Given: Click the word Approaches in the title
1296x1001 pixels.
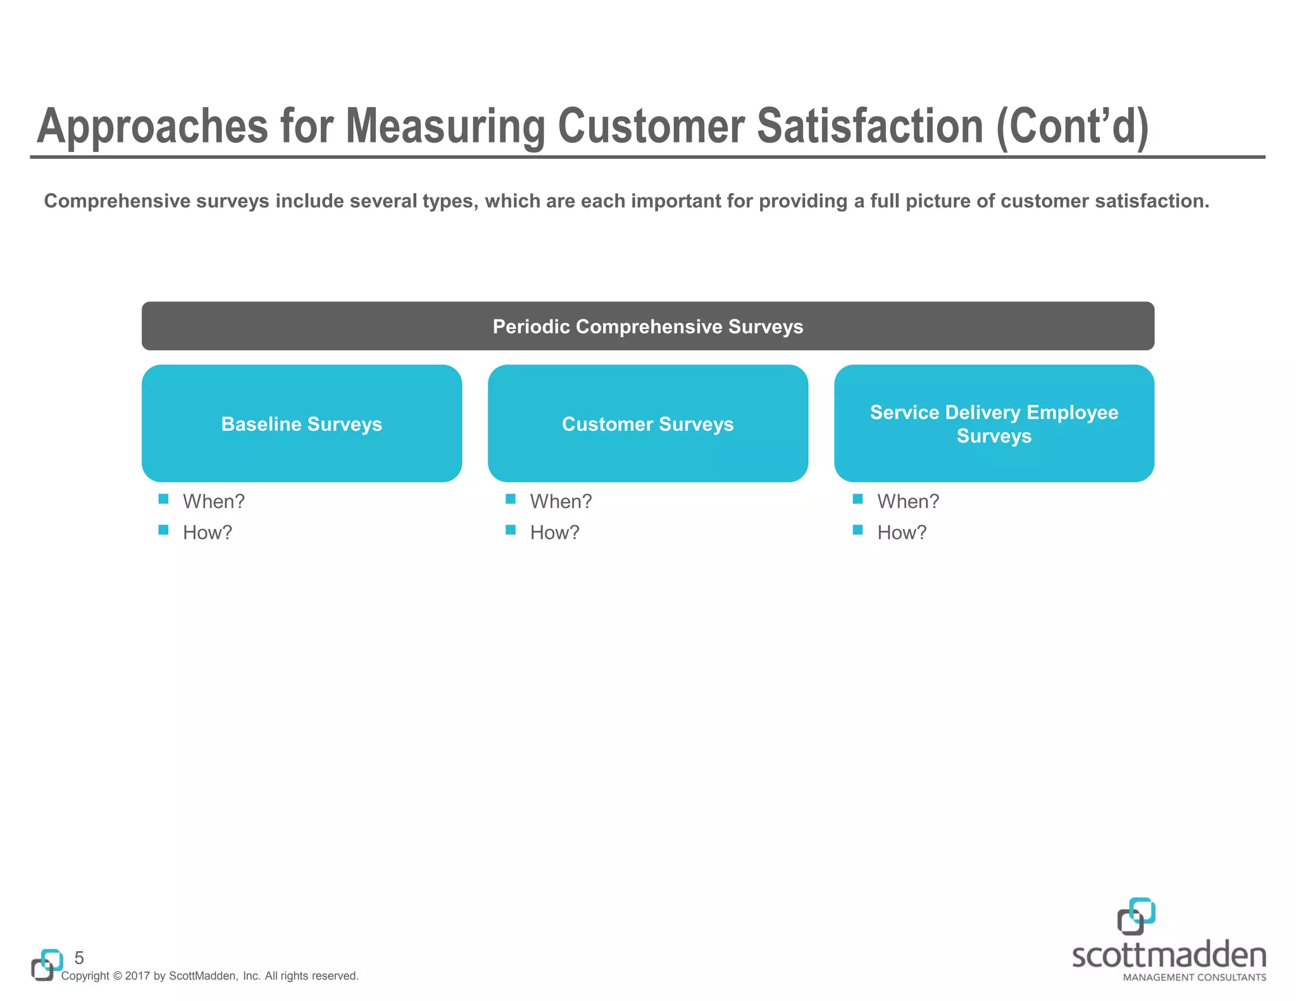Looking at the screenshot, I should click(x=153, y=127).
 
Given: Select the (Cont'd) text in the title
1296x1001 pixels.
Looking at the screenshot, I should click(x=1072, y=127).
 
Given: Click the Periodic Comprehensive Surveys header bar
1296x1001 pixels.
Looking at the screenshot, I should click(x=647, y=326).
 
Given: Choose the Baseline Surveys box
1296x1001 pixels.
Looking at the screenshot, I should click(x=301, y=423).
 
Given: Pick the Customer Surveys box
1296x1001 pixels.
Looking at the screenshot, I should click(x=647, y=423).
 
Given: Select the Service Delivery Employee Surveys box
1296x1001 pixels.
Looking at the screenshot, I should click(x=994, y=423).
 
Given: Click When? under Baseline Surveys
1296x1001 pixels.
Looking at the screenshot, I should click(x=213, y=501).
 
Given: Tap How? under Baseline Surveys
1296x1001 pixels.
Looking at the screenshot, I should click(x=207, y=532).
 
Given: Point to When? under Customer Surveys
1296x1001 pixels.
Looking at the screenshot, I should click(x=561, y=501).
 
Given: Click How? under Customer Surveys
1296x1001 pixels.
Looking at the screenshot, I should click(x=554, y=532).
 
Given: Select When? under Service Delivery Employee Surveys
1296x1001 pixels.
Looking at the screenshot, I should click(x=907, y=501).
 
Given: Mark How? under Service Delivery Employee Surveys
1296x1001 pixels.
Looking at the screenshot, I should click(x=901, y=532).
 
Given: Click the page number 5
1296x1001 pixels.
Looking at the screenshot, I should click(x=79, y=957).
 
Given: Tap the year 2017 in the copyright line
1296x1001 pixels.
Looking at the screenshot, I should click(x=137, y=976).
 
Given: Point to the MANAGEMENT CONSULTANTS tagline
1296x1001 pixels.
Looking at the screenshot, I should click(x=1194, y=978).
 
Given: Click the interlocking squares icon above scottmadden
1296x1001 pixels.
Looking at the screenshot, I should click(x=1136, y=916).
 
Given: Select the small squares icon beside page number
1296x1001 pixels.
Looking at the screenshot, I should click(x=47, y=965).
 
